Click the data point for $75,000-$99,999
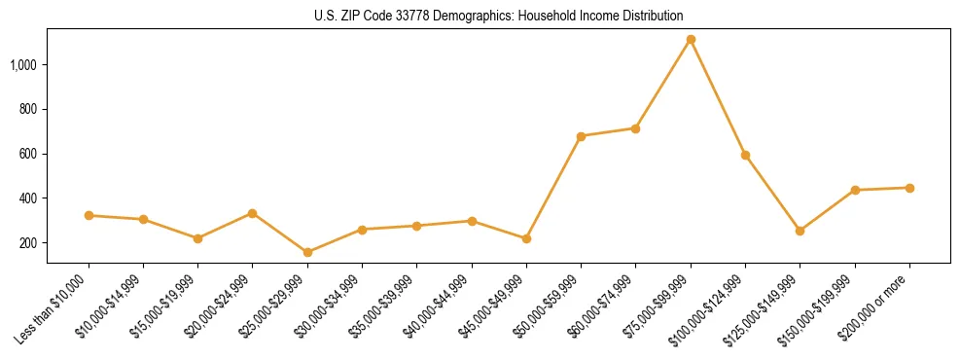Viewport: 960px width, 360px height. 691,40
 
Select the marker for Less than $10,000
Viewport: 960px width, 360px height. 89,215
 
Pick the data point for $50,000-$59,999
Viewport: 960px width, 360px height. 581,136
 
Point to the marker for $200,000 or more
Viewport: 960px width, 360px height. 909,188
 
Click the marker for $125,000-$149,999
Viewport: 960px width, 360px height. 800,231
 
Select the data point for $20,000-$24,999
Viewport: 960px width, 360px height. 252,213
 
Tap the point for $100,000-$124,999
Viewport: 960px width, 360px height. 745,155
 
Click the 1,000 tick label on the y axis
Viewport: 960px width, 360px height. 24,65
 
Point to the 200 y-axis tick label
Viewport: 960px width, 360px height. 29,243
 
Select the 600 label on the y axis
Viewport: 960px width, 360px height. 29,154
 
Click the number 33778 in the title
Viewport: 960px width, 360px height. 413,17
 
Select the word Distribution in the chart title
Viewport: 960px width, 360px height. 650,17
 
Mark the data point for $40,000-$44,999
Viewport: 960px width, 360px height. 472,221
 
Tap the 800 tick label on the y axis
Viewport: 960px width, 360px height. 29,109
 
